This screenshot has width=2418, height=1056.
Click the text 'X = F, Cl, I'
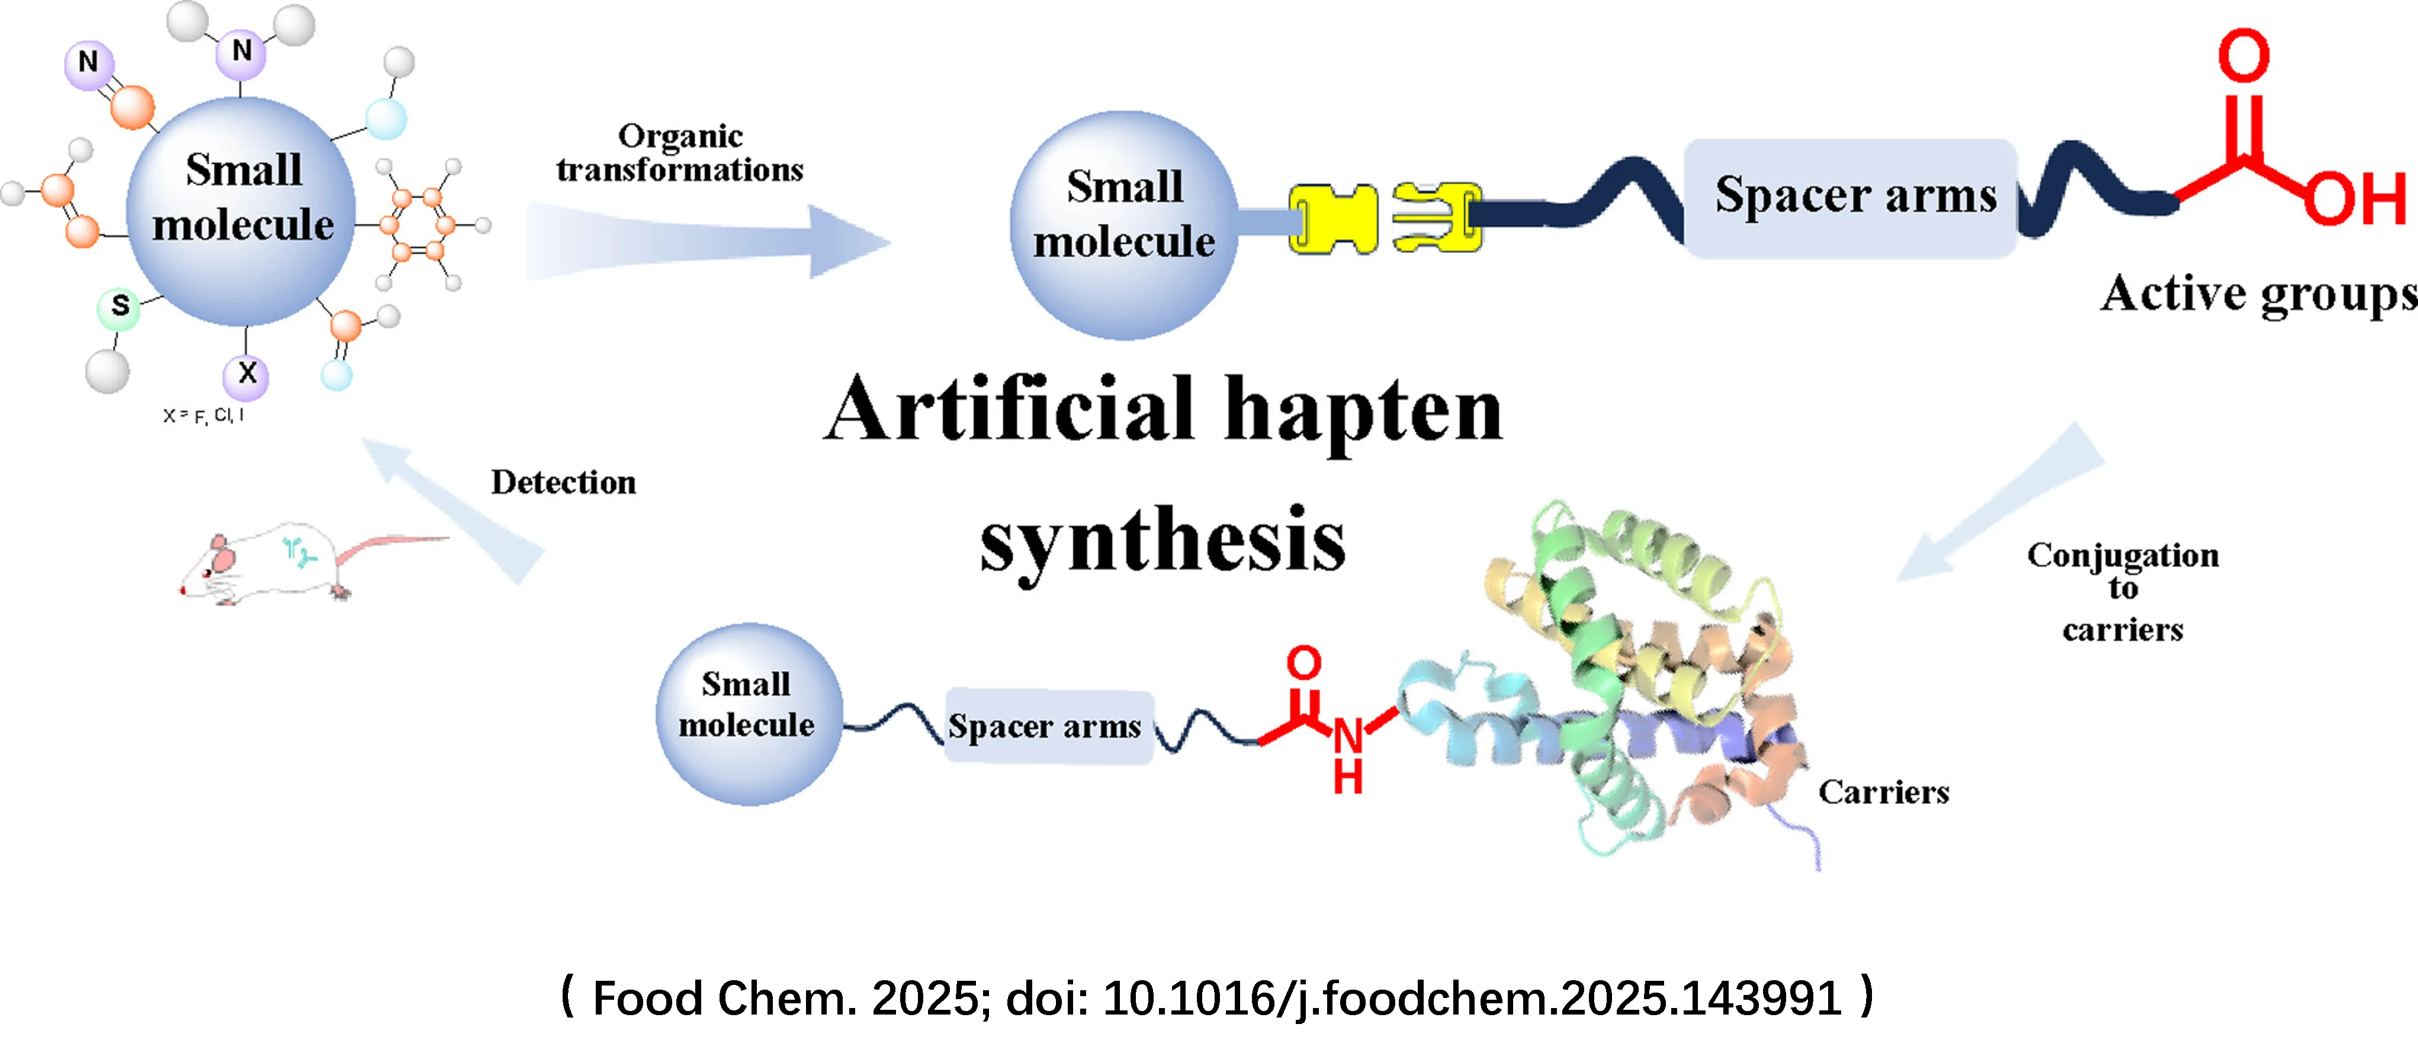(203, 415)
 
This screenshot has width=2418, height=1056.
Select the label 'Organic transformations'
(680, 153)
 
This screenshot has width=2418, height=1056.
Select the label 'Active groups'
(2258, 294)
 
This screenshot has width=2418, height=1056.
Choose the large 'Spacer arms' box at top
(1854, 197)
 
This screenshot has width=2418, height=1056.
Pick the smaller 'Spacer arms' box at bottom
(1046, 726)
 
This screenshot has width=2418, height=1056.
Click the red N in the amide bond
(1348, 736)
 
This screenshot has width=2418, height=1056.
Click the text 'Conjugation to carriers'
(2122, 591)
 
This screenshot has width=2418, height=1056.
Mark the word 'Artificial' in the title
(1009, 410)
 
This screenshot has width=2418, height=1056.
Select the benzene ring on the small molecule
(418, 224)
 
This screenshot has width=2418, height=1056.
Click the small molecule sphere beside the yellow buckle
(1123, 225)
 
